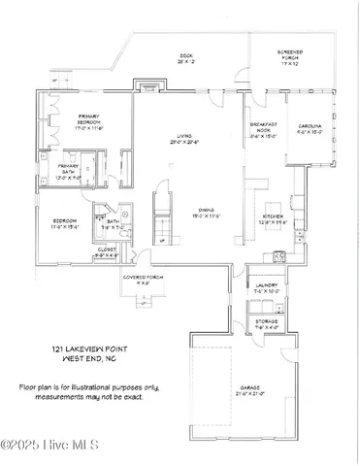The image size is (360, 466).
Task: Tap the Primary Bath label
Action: pos(56,174)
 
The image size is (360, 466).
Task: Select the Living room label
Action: pos(176,139)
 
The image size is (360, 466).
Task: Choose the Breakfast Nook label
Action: pos(264,130)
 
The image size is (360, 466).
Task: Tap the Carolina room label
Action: pos(311,130)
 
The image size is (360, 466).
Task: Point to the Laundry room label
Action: pos(266,287)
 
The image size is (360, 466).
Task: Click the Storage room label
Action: pos(266,323)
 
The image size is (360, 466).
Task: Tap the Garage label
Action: pos(249,390)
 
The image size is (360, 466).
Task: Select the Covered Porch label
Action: pos(143,281)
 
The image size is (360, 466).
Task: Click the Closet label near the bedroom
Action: pos(106,254)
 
